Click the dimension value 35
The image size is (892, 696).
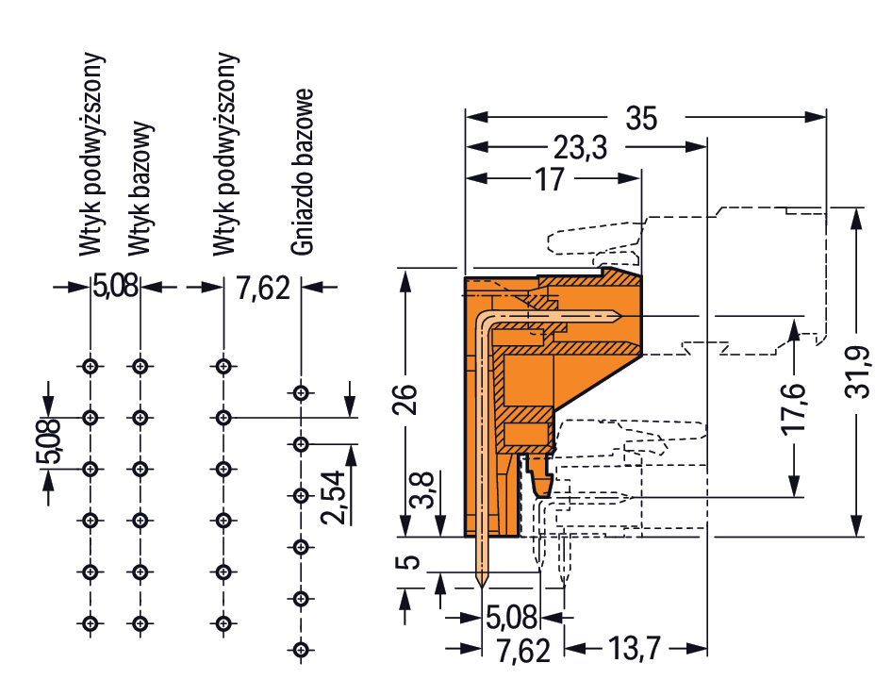(640, 120)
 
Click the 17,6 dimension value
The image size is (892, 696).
(795, 407)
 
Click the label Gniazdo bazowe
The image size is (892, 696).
(302, 173)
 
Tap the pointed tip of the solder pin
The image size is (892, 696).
(484, 586)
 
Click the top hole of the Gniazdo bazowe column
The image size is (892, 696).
(301, 392)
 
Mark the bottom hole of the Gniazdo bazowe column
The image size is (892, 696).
(301, 649)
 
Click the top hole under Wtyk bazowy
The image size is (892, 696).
(140, 366)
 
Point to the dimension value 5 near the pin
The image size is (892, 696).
(408, 563)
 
